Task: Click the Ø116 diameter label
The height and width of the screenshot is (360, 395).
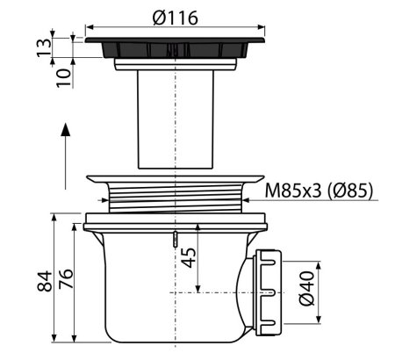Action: [x=175, y=18]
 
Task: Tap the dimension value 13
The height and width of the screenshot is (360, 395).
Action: [x=44, y=47]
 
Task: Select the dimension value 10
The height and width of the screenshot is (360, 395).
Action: [x=64, y=77]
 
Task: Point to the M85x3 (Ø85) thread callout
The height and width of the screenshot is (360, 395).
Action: [x=319, y=191]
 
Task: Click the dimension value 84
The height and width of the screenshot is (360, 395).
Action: [x=45, y=281]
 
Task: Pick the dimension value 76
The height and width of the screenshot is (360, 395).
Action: [x=66, y=279]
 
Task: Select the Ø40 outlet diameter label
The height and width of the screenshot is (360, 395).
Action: [x=306, y=288]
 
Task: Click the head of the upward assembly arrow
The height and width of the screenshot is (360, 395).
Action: [x=65, y=129]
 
